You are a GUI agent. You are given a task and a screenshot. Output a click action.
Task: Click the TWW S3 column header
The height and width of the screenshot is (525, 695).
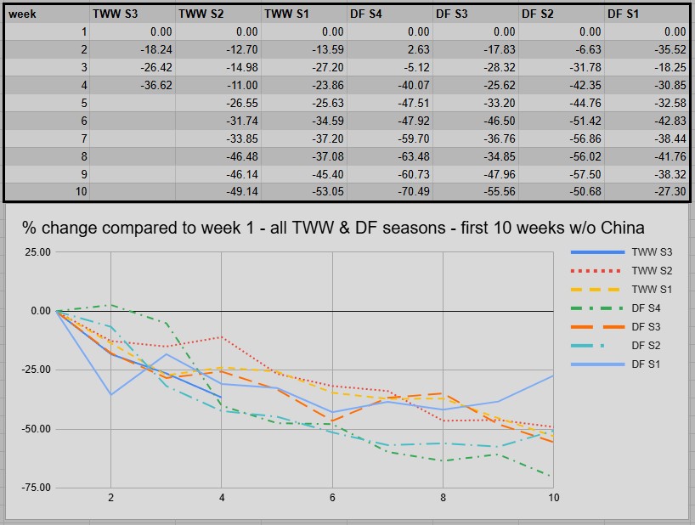[x=116, y=14]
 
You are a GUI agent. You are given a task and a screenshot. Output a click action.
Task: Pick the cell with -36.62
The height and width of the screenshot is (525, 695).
[x=154, y=85]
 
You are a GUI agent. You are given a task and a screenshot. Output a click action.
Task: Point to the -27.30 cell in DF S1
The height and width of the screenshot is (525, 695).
[x=669, y=192]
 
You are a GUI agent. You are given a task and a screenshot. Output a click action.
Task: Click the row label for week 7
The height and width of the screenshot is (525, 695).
[x=82, y=138]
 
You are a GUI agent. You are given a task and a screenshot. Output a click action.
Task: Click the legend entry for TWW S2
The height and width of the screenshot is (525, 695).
[x=652, y=271]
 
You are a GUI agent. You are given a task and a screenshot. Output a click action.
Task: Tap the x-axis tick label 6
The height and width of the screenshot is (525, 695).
[x=331, y=498]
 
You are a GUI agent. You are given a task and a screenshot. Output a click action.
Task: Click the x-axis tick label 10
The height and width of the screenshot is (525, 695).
[x=553, y=498]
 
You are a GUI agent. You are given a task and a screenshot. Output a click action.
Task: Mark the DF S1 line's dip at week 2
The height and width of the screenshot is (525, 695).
[x=110, y=394]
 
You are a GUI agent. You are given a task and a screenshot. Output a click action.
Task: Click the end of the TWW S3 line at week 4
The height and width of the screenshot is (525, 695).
[x=221, y=397]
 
